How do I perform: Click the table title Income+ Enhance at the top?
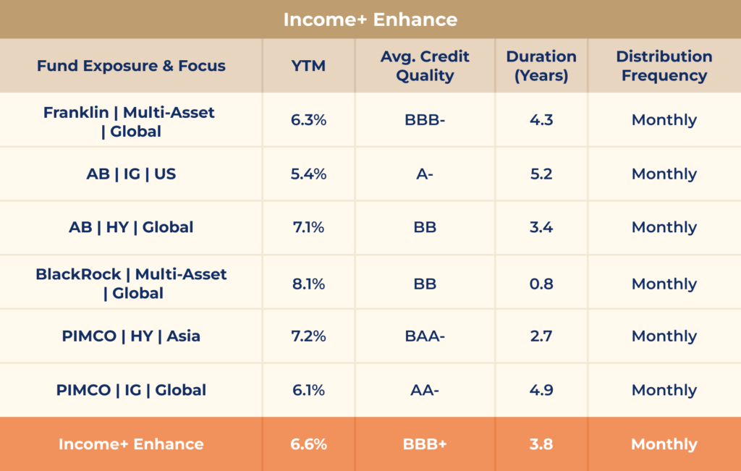pyautogui.click(x=370, y=19)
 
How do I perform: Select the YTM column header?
pyautogui.click(x=308, y=66)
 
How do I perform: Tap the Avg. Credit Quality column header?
pyautogui.click(x=425, y=66)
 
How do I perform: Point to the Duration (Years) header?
pyautogui.click(x=541, y=66)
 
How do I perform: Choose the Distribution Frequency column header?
pyautogui.click(x=664, y=66)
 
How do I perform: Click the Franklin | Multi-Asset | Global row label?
pyautogui.click(x=130, y=122)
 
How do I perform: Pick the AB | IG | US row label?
pyautogui.click(x=130, y=174)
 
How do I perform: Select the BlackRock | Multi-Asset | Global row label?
pyautogui.click(x=130, y=284)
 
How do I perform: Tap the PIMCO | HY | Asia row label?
pyautogui.click(x=130, y=336)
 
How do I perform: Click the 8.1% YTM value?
pyautogui.click(x=308, y=284)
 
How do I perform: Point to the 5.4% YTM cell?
pyautogui.click(x=308, y=174)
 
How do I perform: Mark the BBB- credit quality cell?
pyautogui.click(x=425, y=120)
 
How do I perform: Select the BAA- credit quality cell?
pyautogui.click(x=425, y=336)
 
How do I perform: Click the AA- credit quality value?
pyautogui.click(x=425, y=390)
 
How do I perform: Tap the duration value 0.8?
pyautogui.click(x=541, y=284)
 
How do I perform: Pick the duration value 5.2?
pyautogui.click(x=541, y=174)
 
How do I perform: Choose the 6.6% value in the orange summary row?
pyautogui.click(x=308, y=444)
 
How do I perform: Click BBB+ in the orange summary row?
pyautogui.click(x=425, y=444)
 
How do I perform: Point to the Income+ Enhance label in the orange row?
pyautogui.click(x=130, y=444)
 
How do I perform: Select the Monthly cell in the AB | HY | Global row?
pyautogui.click(x=664, y=227)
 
